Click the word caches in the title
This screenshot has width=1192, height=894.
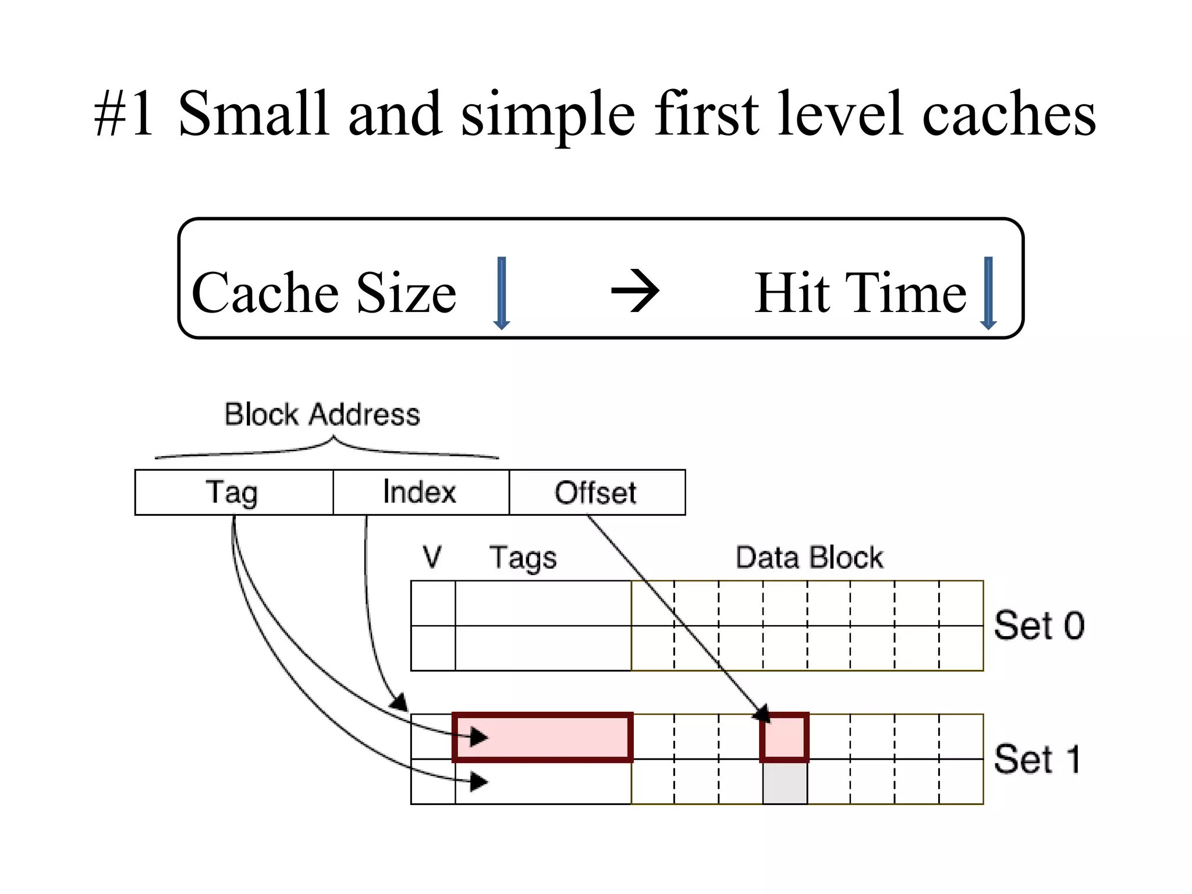[1009, 114]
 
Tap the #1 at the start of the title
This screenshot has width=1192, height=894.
[125, 114]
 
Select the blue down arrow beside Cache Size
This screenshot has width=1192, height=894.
[502, 293]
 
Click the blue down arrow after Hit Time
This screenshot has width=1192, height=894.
[988, 293]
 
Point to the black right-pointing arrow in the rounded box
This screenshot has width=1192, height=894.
[635, 290]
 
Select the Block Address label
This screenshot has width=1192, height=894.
[322, 414]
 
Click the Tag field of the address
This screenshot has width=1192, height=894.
[233, 492]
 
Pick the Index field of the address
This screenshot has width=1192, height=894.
[420, 492]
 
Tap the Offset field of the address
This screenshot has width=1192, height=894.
[596, 492]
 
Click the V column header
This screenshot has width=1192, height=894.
[432, 557]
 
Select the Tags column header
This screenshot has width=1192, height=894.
[523, 558]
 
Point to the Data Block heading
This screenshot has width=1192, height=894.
[809, 557]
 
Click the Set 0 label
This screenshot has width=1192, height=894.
[1039, 626]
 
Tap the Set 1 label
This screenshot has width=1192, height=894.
[1037, 759]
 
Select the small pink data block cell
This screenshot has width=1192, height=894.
[785, 737]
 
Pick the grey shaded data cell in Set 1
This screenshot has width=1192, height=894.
[785, 782]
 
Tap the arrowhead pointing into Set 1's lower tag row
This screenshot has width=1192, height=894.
[478, 781]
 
